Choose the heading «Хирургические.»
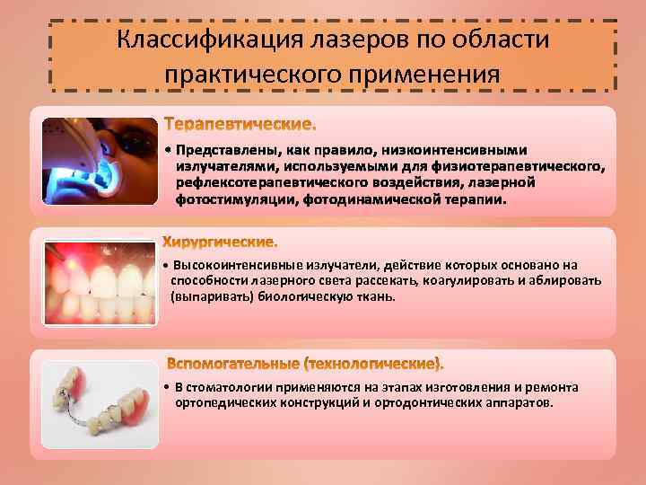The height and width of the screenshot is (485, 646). tap(221, 242)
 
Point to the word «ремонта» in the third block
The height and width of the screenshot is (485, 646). tap(555, 387)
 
